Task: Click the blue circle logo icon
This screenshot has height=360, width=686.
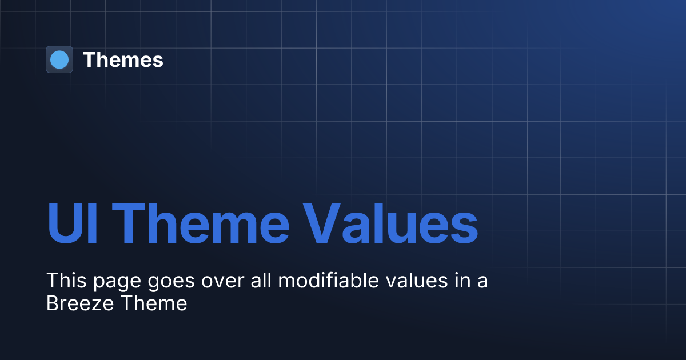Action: click(59, 59)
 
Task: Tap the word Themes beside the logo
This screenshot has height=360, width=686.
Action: click(123, 60)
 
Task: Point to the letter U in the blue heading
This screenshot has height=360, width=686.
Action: click(63, 223)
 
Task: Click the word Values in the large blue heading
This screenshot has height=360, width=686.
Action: click(389, 223)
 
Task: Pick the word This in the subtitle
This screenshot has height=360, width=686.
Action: click(64, 281)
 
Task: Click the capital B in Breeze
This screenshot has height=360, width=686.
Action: click(52, 303)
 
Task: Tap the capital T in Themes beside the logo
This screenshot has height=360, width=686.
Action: click(89, 60)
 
